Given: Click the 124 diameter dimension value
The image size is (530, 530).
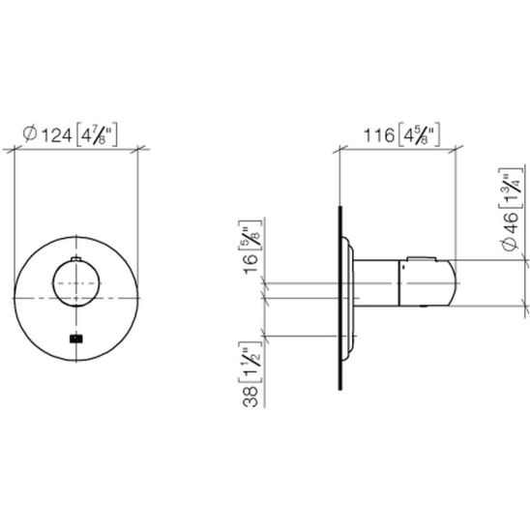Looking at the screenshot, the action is [x=56, y=135].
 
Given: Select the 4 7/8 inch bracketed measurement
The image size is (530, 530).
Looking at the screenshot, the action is [x=97, y=134].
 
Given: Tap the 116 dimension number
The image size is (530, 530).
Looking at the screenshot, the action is [x=378, y=135].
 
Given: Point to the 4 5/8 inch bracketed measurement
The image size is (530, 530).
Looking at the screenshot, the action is [x=420, y=134].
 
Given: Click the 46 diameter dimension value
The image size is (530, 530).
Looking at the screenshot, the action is [x=510, y=223].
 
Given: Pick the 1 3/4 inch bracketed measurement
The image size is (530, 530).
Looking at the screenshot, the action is [x=510, y=188].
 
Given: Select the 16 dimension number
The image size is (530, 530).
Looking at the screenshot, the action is [x=250, y=264].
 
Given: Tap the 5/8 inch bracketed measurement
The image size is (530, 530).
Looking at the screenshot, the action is [x=250, y=235].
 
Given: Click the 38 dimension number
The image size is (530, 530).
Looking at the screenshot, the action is [x=250, y=397].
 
